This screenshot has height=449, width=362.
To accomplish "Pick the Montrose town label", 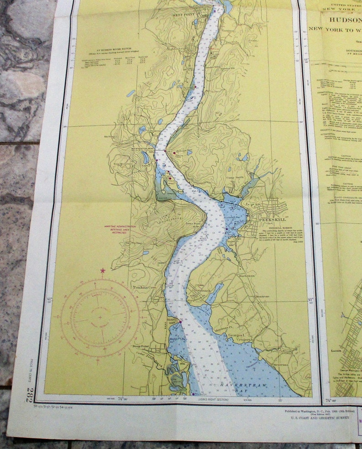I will pos(262,297).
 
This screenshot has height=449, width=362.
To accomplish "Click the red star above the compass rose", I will pos(103,271).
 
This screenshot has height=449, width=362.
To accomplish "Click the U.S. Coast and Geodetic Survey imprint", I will pos(317,417).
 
